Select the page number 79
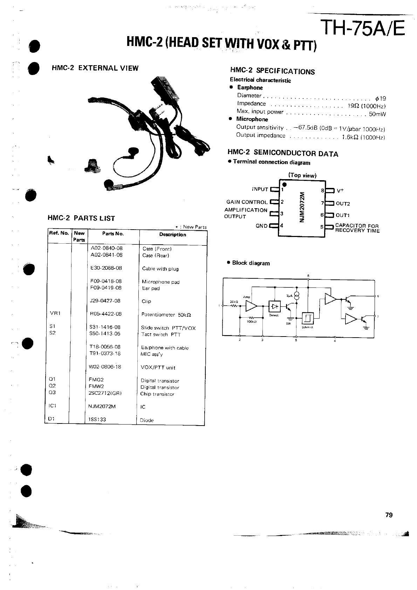(x=389, y=515)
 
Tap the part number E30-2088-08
(x=106, y=268)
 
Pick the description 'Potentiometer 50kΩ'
(x=166, y=314)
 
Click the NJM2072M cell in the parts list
(x=102, y=406)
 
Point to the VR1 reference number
(x=55, y=313)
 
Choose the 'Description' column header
(x=173, y=235)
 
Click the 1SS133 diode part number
(x=97, y=419)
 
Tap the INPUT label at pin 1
(x=260, y=189)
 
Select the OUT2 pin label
(x=343, y=204)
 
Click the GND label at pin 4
(x=262, y=226)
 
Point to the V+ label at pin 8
(x=340, y=191)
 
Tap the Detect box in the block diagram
(x=274, y=306)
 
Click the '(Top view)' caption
(x=302, y=175)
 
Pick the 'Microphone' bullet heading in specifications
(x=252, y=119)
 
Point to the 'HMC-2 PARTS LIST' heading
(x=81, y=218)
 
